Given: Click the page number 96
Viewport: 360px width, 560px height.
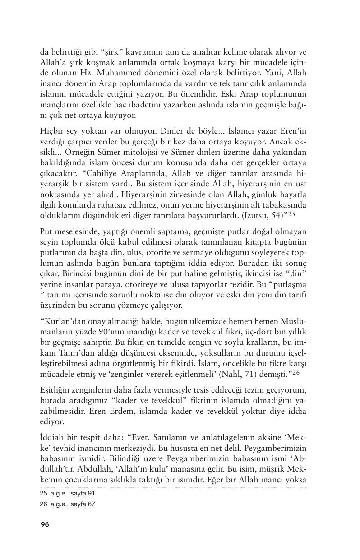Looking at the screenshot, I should point(45,524).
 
